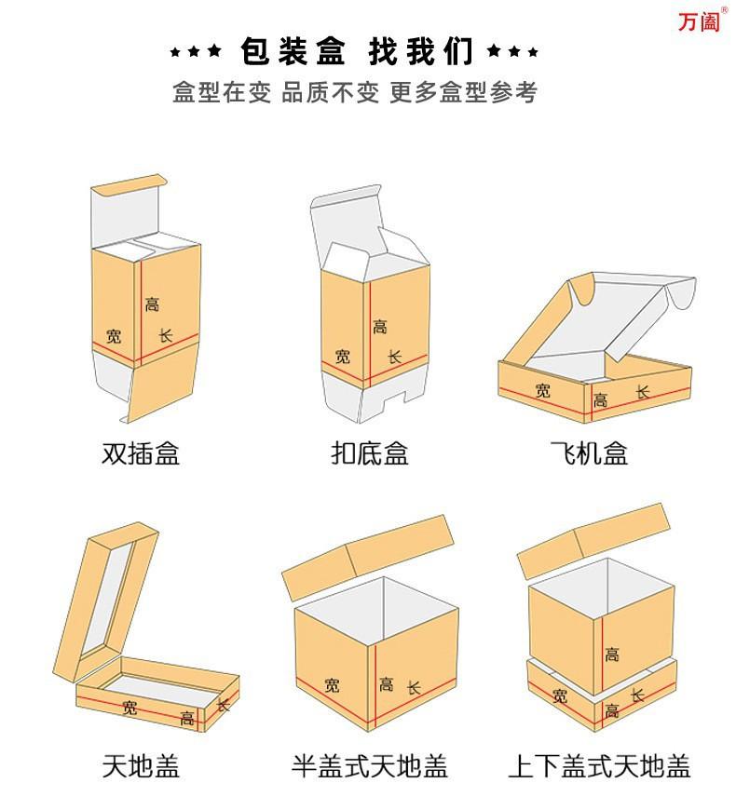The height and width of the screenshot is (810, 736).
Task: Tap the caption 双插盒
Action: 141,453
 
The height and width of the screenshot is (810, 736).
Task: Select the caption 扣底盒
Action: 370,453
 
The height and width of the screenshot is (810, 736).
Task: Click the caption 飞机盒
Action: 589,453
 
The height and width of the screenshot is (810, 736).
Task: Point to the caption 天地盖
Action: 141,765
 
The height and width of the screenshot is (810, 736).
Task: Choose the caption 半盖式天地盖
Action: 370,765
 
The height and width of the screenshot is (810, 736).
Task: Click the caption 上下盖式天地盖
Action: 600,765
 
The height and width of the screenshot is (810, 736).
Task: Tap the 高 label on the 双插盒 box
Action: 152,304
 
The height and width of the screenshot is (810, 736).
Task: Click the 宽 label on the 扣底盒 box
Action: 343,356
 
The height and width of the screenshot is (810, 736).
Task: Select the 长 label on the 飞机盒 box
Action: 643,392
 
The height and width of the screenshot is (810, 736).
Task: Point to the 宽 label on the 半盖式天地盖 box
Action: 333,685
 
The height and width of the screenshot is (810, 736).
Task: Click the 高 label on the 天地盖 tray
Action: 187,718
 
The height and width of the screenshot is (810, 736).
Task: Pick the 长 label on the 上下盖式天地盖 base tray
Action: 637,695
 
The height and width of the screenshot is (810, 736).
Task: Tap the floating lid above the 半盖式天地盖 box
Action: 368,557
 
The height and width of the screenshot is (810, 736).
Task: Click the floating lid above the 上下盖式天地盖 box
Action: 593,540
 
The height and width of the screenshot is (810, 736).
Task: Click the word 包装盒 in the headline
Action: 293,51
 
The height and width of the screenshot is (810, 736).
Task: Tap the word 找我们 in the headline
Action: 421,51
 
